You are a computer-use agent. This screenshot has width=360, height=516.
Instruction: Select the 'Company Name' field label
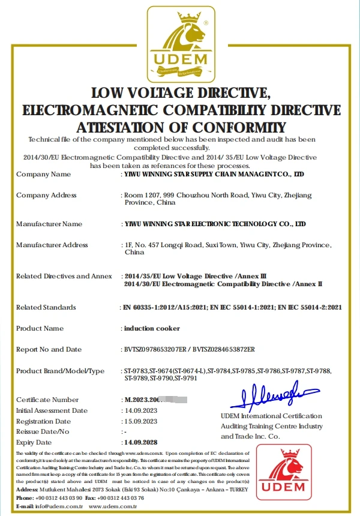click(x=43, y=174)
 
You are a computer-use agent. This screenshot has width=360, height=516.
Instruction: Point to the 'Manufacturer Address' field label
click(x=52, y=245)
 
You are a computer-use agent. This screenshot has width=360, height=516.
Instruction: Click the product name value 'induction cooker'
click(x=152, y=328)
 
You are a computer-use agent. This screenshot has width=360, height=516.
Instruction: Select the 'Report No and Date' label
click(x=49, y=349)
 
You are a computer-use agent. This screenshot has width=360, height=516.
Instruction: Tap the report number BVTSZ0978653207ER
click(x=155, y=349)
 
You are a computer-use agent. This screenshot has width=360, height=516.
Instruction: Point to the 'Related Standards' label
click(x=46, y=307)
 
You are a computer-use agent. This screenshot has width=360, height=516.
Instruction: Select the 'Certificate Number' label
click(x=47, y=400)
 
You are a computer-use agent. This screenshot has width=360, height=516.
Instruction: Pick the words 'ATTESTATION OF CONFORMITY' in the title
click(x=181, y=127)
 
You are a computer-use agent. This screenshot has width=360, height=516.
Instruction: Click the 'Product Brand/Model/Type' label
click(x=60, y=371)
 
